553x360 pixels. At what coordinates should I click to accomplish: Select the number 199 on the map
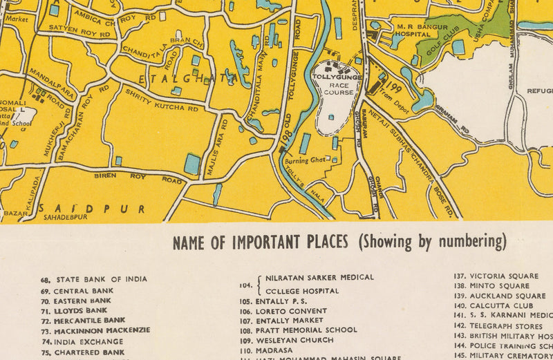pyautogui.click(x=395, y=88)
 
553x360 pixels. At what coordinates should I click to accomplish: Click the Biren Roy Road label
pyautogui.click(x=138, y=178)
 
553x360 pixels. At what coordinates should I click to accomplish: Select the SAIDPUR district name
pyautogui.click(x=93, y=208)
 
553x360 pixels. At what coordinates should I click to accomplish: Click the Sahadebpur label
pyautogui.click(x=66, y=217)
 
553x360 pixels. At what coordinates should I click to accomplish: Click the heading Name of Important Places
pyautogui.click(x=339, y=243)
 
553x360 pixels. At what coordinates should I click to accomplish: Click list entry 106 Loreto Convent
pyautogui.click(x=283, y=311)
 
